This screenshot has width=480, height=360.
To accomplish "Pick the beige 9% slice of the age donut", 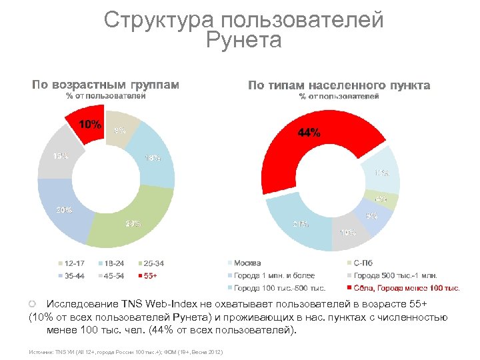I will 121,129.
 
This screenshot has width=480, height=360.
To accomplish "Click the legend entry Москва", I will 247,263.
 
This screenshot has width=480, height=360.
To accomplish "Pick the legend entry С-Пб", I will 367,263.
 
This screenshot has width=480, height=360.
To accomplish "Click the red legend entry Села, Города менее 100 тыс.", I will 407,288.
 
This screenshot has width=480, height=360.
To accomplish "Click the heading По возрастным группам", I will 106,85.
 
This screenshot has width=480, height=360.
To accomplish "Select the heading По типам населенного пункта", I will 339,85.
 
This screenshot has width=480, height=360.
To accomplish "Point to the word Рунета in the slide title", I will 244,41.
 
